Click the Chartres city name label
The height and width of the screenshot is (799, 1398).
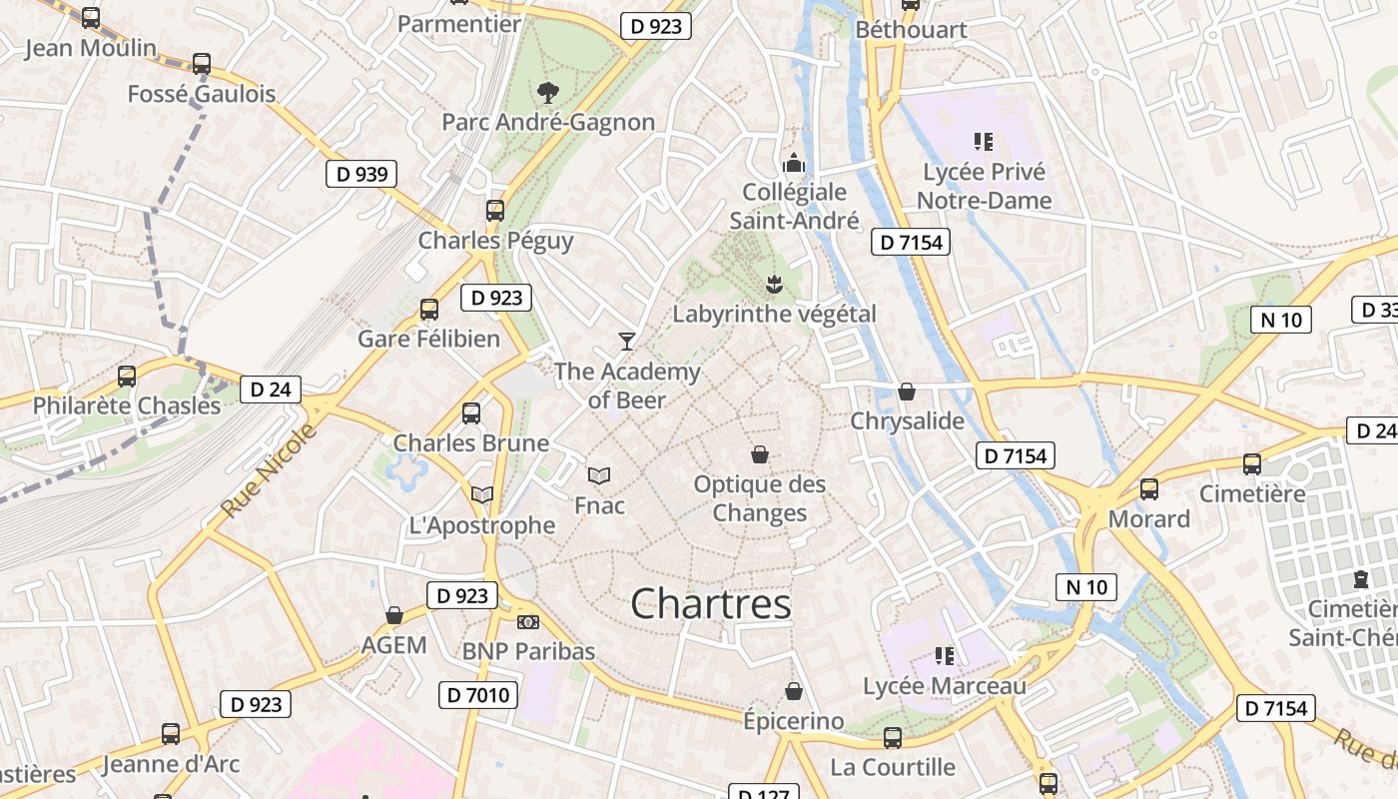click(711, 603)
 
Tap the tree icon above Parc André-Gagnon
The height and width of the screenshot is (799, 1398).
click(547, 93)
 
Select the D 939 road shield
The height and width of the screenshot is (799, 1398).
click(361, 174)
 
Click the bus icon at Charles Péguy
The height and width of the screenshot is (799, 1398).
click(495, 211)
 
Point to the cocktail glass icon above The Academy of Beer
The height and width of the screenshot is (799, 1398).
click(627, 342)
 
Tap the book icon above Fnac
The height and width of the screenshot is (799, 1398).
click(599, 475)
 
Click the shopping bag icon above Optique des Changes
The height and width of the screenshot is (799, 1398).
click(760, 455)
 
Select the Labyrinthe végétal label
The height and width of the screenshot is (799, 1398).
click(774, 314)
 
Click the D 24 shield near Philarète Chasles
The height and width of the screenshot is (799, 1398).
click(271, 390)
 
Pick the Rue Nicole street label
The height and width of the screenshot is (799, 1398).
click(268, 469)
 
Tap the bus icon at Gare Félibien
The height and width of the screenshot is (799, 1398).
click(429, 310)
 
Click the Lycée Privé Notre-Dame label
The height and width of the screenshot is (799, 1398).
click(984, 186)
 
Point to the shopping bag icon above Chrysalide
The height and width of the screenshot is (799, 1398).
click(907, 392)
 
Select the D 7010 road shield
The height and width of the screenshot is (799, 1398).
click(478, 695)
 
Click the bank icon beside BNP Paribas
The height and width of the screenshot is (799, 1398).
click(528, 622)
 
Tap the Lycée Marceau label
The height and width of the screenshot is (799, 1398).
click(944, 686)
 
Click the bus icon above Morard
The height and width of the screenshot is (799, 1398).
click(1149, 489)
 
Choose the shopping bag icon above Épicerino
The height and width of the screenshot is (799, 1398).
click(794, 691)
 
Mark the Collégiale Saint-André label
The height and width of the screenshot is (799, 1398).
click(794, 206)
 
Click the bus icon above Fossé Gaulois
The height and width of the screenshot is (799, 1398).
click(202, 64)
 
